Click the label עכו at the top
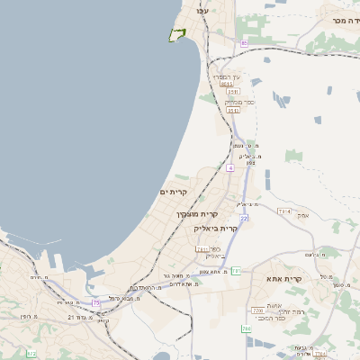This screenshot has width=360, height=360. [202, 10]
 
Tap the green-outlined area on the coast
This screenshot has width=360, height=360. [176, 36]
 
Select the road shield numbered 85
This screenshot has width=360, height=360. [244, 42]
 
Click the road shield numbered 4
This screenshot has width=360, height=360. [230, 167]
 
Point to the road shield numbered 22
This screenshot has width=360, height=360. [243, 218]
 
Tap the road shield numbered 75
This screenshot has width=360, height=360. [96, 302]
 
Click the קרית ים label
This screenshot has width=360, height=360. [173, 192]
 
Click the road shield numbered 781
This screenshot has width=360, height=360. [237, 270]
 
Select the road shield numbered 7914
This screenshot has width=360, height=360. [285, 211]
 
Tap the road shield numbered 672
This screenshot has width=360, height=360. [31, 355]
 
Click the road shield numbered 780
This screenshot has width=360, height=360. [247, 328]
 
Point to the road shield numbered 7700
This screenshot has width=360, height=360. [257, 310]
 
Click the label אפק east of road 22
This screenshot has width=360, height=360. [303, 216]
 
